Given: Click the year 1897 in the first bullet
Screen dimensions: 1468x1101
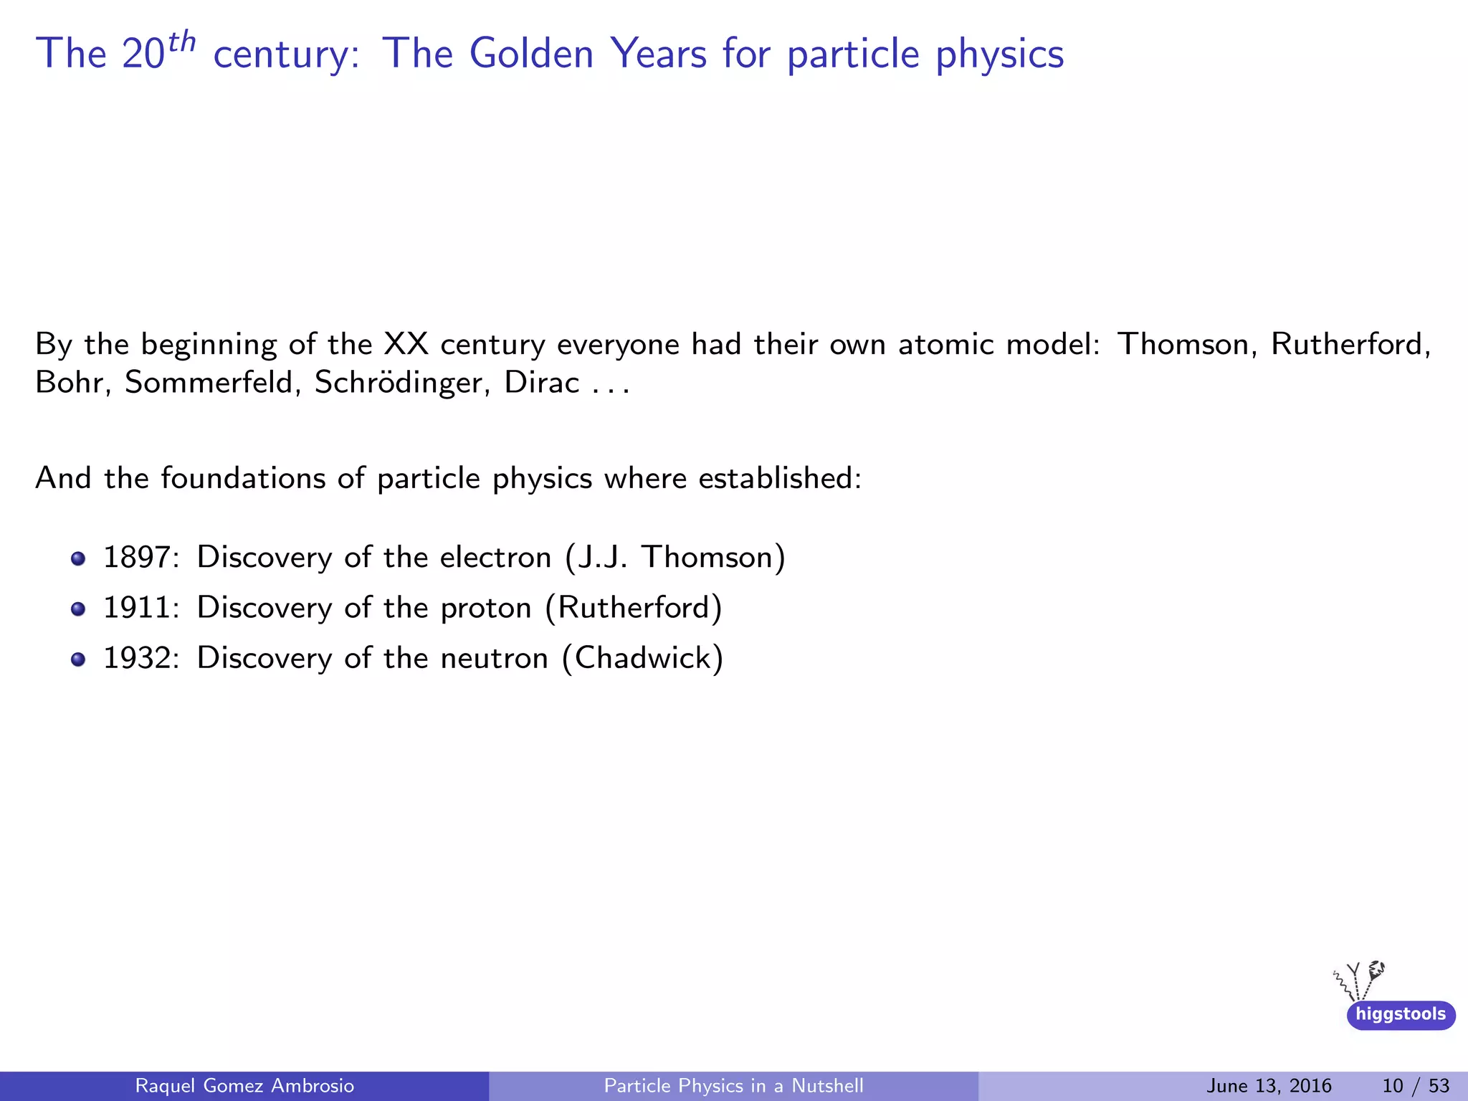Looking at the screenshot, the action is click(x=137, y=558).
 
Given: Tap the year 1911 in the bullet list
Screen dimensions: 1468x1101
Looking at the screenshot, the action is click(x=137, y=608).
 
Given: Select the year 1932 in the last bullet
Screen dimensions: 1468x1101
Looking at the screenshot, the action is click(x=137, y=658).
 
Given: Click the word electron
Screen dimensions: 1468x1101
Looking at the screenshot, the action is click(x=495, y=558).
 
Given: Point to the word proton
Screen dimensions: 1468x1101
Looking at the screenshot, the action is click(x=486, y=608).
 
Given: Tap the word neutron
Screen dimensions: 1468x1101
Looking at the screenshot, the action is click(x=494, y=658).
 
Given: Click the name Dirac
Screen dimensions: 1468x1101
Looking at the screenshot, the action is click(x=541, y=383).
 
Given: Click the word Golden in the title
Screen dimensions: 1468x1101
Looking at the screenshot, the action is click(x=531, y=54).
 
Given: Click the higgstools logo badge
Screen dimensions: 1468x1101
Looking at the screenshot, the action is click(x=1401, y=1014).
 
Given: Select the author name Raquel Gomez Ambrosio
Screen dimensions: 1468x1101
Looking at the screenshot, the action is click(x=244, y=1086).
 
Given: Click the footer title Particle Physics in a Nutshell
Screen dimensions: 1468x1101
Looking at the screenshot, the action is click(x=733, y=1086).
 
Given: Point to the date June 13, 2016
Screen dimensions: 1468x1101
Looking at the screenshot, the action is click(x=1269, y=1086).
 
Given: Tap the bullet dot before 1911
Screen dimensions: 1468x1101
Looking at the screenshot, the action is click(x=78, y=609).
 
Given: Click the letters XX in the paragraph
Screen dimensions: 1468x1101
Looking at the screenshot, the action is click(x=406, y=345).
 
